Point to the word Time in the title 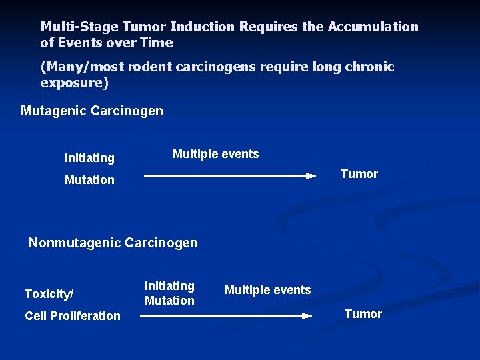point(157,43)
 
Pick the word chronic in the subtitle point(369,67)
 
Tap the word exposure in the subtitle point(71,83)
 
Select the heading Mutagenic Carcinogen point(92,111)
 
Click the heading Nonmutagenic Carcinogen point(113,243)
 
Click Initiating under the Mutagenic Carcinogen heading point(89,158)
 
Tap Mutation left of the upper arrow point(89,180)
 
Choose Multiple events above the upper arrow point(215,154)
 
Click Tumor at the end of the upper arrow point(359,174)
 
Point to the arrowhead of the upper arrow point(311,176)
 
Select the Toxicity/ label point(49,294)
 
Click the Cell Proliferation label point(73,316)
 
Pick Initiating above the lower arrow point(169,286)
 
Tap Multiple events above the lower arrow point(267,290)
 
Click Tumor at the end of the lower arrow point(363,314)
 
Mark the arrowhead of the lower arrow point(307,316)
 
